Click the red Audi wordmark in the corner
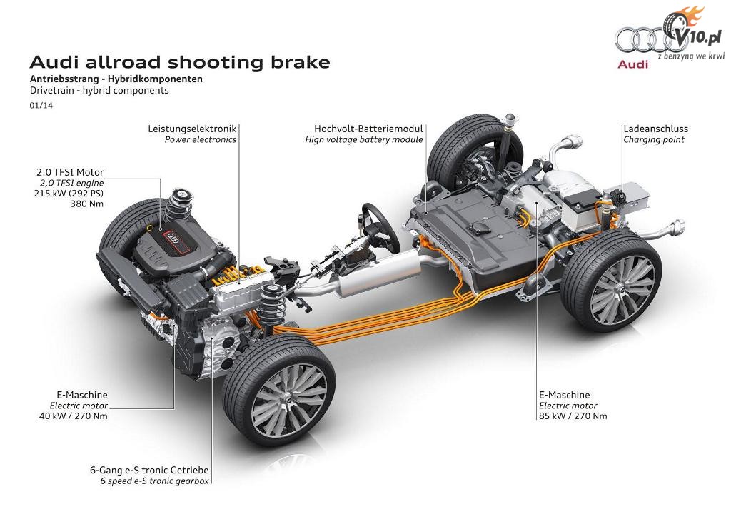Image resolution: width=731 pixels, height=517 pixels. [632, 64]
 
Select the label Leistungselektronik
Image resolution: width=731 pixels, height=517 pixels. [192, 129]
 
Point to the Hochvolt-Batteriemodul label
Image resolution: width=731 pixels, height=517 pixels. [368, 129]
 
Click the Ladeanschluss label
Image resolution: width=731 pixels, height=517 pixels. [655, 129]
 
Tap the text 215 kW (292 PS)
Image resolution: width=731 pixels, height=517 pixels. [69, 193]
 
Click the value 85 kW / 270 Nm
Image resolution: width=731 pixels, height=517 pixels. [573, 416]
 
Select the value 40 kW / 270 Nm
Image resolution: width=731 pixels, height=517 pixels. [74, 416]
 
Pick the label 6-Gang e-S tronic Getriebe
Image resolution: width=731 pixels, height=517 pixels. [149, 471]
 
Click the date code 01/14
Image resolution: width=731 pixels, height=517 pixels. [41, 106]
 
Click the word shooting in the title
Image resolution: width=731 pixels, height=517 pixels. [218, 62]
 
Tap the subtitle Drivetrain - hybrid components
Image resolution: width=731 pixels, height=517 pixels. [99, 91]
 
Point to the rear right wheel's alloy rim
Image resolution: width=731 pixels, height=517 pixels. [622, 290]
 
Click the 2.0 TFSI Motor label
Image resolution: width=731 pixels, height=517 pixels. [70, 173]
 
